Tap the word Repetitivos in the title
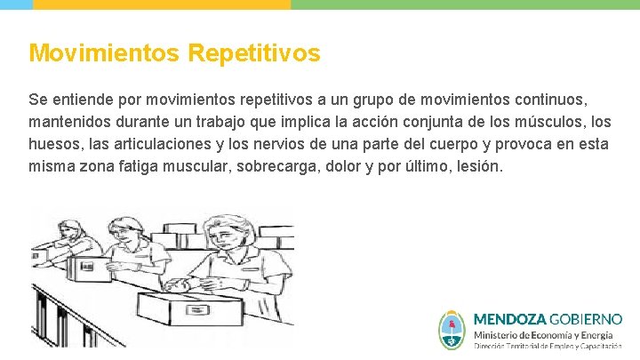pos(254,53)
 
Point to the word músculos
pos(541,121)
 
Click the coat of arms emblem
pos(452,329)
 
